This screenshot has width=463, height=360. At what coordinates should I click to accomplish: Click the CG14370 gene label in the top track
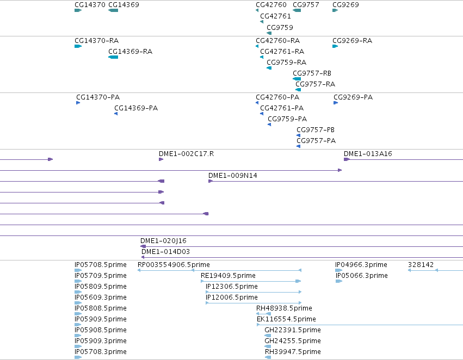(90, 5)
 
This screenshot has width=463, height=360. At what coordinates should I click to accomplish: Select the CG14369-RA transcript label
(130, 52)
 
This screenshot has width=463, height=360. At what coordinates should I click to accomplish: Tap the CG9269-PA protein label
(353, 97)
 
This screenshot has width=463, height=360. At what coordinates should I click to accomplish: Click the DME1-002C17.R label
(186, 154)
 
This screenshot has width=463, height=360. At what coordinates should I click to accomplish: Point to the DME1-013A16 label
(368, 154)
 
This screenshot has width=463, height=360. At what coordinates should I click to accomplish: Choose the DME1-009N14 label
(233, 176)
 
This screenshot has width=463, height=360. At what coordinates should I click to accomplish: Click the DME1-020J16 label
(163, 241)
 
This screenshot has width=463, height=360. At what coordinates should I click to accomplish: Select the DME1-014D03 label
(165, 252)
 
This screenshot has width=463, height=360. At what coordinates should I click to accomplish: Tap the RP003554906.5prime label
(174, 265)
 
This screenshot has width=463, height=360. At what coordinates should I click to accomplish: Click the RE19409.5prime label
(228, 276)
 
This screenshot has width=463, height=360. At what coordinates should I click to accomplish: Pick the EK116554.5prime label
(286, 319)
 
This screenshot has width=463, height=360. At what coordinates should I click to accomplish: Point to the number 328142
(421, 265)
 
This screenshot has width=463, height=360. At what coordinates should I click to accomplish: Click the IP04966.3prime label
(361, 265)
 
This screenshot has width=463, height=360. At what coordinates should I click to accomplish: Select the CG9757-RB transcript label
(312, 73)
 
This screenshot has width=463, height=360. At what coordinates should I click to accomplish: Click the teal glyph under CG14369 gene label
(113, 10)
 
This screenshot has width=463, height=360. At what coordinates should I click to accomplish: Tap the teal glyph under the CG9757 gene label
(297, 10)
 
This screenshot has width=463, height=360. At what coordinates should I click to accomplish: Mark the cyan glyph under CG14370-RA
(78, 46)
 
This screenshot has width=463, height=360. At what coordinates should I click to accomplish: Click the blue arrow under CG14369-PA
(116, 114)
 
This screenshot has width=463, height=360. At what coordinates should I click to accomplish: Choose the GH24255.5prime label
(293, 341)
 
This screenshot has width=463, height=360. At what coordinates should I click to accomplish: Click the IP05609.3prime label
(101, 297)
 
